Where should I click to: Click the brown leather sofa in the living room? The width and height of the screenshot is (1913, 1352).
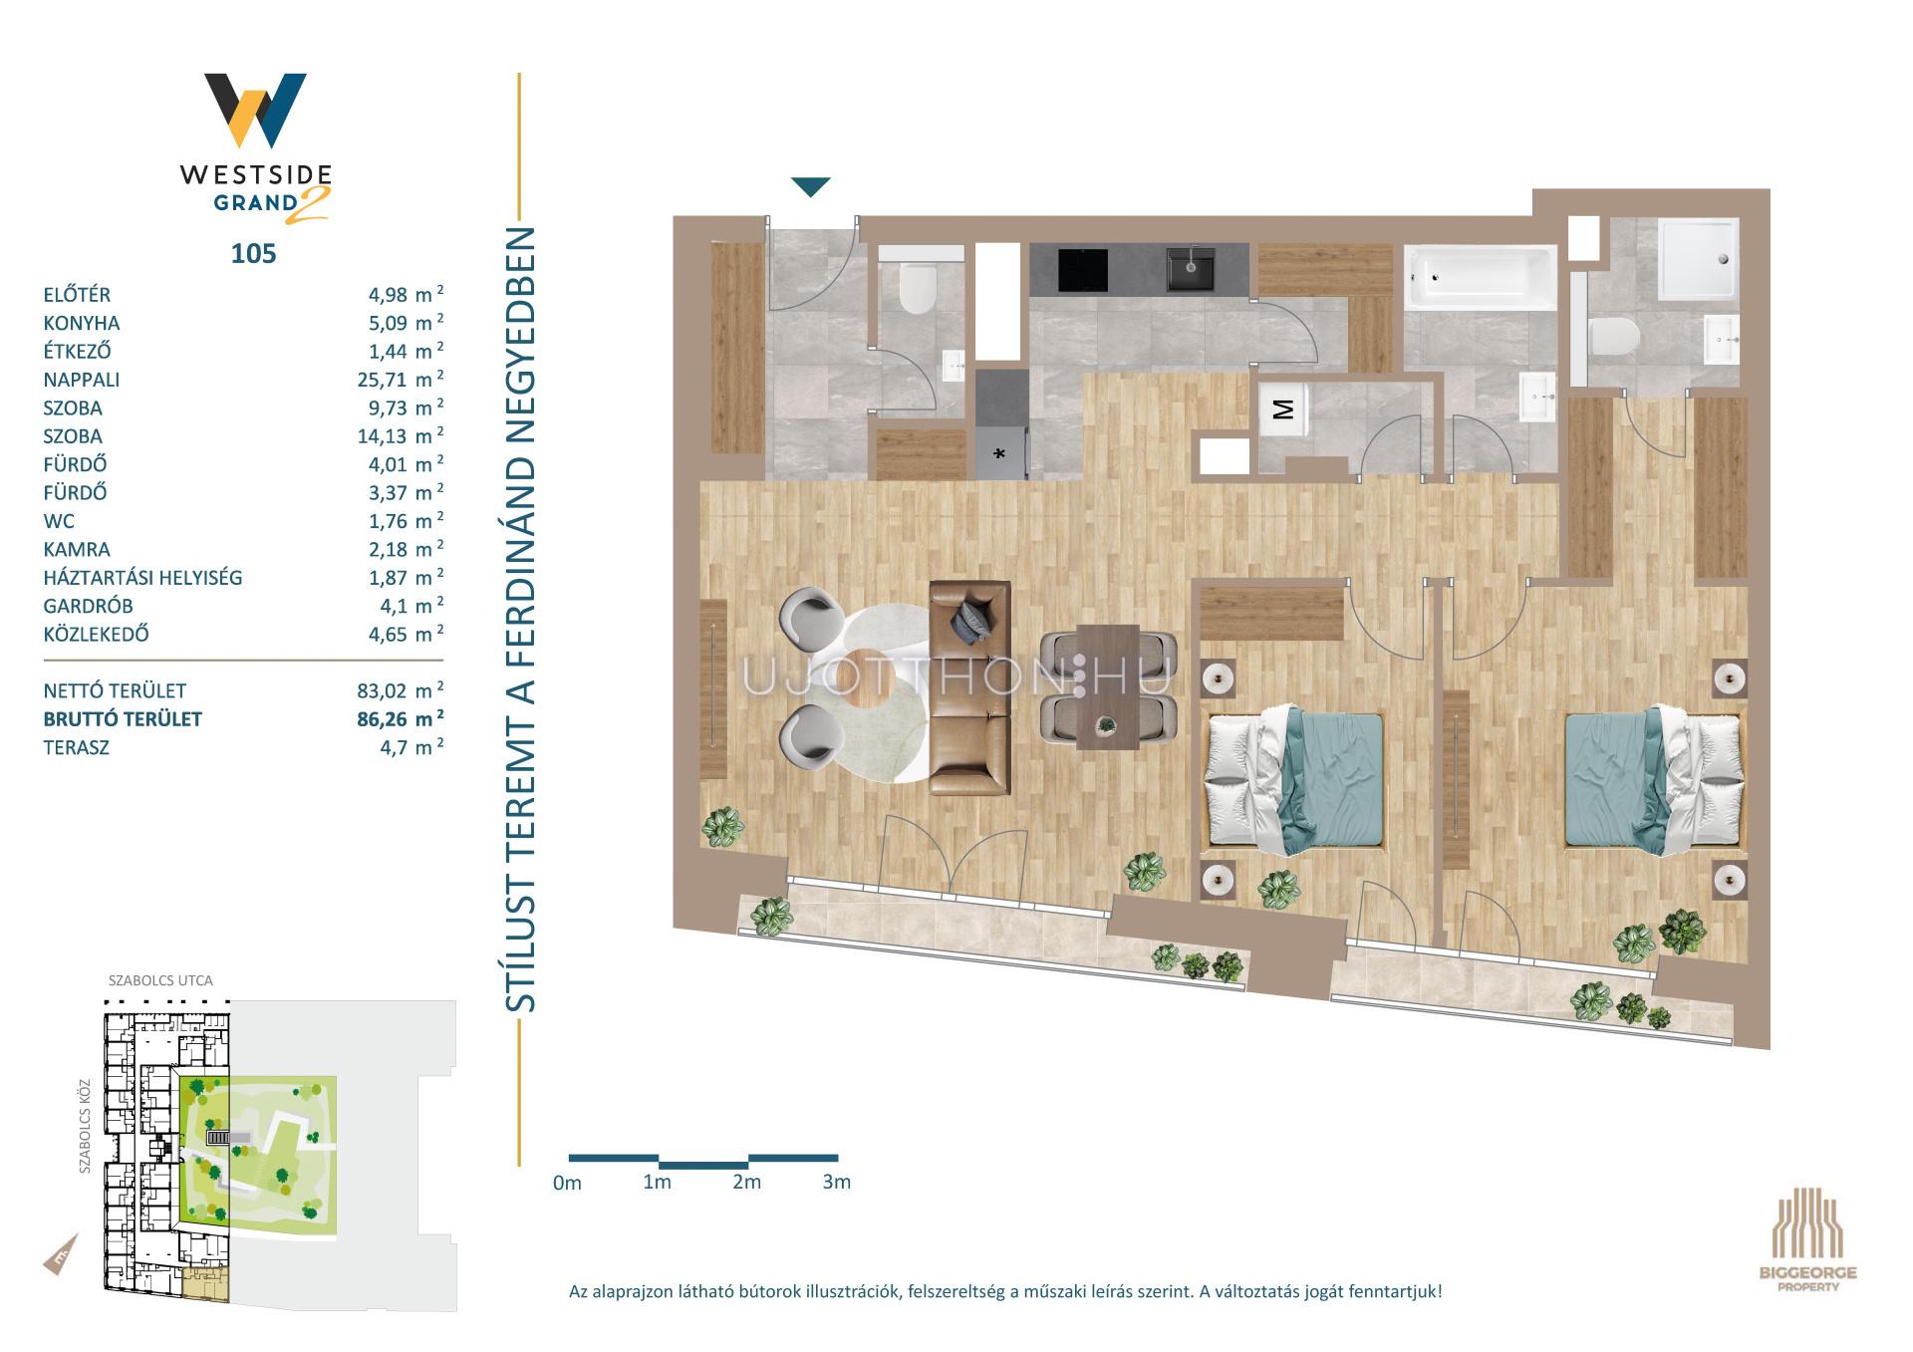[x=969, y=688]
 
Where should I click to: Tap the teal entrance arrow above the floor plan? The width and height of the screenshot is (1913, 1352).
[x=810, y=186]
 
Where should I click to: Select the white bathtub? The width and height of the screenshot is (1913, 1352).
[x=1480, y=276]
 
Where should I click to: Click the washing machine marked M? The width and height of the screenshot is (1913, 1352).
[x=1283, y=409]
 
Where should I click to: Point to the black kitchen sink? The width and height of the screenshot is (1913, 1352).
[x=1191, y=268]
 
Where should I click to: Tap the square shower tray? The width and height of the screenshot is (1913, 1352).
[x=1699, y=258]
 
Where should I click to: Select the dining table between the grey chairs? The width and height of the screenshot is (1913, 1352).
[x=1108, y=686]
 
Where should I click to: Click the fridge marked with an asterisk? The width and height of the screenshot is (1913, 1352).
[x=1000, y=453]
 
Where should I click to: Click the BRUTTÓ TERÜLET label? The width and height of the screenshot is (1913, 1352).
[x=123, y=719]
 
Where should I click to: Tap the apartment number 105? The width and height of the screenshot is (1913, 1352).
[x=253, y=253]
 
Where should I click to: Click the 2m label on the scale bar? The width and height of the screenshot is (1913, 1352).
[x=746, y=1182]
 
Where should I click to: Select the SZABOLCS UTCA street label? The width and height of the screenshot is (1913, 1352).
[x=160, y=980]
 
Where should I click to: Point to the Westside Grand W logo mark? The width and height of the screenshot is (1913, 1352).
[x=255, y=110]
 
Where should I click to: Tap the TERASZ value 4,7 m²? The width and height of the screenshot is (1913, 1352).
[x=411, y=747]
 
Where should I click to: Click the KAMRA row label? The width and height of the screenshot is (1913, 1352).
[x=77, y=549]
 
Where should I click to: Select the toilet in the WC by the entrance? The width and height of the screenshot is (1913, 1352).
[x=918, y=288]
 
